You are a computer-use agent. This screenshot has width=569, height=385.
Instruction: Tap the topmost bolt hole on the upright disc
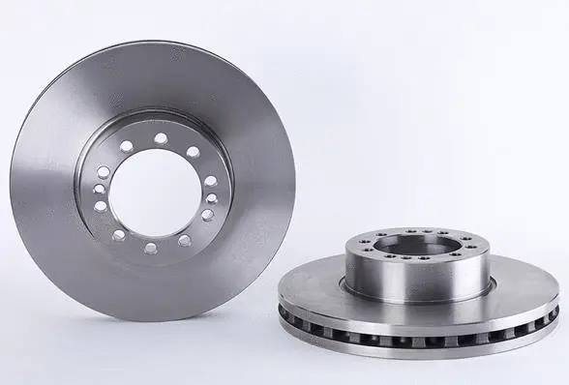[x=161, y=138]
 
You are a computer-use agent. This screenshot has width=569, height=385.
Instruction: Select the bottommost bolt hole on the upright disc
[x=150, y=248]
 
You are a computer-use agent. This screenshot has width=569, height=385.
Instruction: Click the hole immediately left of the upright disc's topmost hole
[x=127, y=146]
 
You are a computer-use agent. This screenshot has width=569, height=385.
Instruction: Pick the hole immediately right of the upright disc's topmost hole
[x=192, y=152]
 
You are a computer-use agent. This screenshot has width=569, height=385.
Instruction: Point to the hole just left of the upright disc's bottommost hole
[x=119, y=235]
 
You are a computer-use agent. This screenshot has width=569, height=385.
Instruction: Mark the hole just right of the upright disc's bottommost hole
[x=184, y=240]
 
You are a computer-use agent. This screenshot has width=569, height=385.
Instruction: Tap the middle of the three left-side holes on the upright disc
[x=99, y=190]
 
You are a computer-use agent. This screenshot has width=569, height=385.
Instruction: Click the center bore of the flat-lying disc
[x=416, y=245]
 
